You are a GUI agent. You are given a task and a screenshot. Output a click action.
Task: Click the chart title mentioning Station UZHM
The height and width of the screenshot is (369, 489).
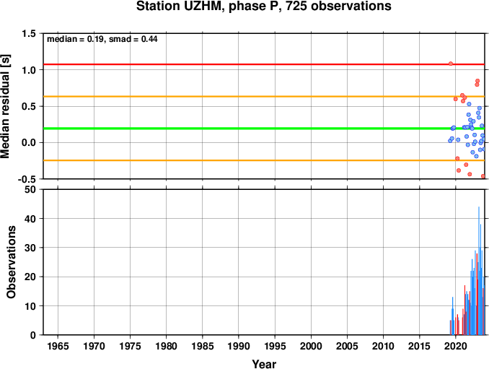click(x=264, y=6)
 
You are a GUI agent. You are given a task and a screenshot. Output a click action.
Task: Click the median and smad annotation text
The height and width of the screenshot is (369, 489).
click(x=102, y=39)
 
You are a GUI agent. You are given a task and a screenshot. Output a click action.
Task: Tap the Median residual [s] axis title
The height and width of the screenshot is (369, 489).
click(x=5, y=106)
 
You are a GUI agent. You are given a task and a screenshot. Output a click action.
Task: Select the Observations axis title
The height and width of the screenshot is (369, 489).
click(x=12, y=262)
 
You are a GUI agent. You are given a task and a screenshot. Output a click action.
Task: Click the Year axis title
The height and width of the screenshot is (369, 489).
click(x=264, y=364)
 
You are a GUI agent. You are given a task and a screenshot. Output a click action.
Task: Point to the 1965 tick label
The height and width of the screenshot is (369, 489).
click(x=58, y=346)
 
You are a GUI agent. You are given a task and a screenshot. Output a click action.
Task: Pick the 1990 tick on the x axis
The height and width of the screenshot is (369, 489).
click(x=239, y=346)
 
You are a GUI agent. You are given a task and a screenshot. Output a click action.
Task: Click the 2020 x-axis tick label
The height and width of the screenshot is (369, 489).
click(x=456, y=346)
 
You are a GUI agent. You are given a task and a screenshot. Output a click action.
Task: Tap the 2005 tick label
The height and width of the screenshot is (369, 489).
click(x=347, y=346)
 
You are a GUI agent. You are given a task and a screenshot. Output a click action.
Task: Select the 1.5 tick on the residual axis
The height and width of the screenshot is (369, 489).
click(x=29, y=33)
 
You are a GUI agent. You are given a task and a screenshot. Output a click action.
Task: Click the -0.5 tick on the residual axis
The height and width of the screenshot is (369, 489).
click(x=27, y=180)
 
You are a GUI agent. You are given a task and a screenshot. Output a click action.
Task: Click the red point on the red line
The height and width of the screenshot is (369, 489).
click(x=451, y=64)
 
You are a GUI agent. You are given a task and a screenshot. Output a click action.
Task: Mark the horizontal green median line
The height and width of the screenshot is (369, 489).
click(x=264, y=129)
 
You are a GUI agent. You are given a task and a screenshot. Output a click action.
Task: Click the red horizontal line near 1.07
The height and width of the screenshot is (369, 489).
click(x=264, y=64)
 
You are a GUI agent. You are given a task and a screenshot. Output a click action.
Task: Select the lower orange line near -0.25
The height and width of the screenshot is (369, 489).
click(x=264, y=160)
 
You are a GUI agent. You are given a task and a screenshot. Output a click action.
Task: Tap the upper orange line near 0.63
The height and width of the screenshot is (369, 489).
click(x=264, y=97)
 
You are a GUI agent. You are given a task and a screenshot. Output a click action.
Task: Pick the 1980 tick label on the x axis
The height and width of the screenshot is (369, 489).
click(x=166, y=346)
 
